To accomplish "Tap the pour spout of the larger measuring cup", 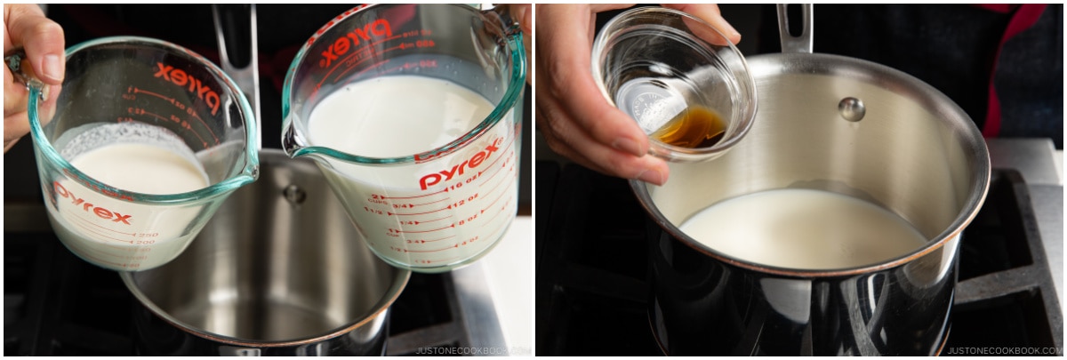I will coord(291,140).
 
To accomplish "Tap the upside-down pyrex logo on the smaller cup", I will coord(187,84).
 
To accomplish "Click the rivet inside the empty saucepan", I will coord(293,193).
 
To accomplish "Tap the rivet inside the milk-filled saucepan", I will coord(851,108).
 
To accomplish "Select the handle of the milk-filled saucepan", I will coord(794,27).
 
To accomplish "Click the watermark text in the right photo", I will coord(1004,350).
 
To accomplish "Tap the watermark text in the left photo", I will coord(472,350).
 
